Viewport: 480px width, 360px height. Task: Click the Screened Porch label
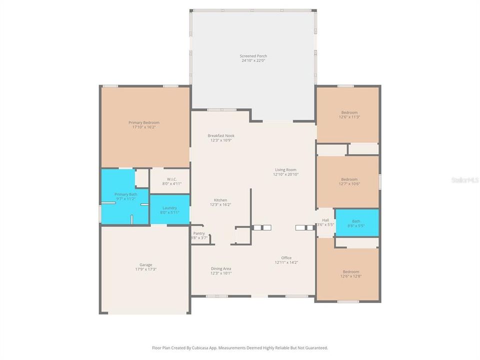tap(253, 56)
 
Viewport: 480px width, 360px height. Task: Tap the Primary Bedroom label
tap(143, 122)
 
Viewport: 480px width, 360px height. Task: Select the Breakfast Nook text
tap(221, 135)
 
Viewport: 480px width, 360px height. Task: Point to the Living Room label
tap(285, 169)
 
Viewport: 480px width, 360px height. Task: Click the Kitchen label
tap(221, 200)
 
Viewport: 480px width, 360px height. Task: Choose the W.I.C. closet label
tap(169, 179)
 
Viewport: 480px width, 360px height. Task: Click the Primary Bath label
tap(125, 194)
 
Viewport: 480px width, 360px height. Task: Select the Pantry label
tap(199, 233)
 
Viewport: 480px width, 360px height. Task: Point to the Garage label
tap(145, 264)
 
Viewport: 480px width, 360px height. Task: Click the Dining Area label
tap(221, 268)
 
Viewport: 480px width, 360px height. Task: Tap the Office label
tap(286, 258)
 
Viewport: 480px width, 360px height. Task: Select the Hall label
tap(325, 220)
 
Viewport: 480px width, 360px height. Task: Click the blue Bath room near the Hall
tap(356, 222)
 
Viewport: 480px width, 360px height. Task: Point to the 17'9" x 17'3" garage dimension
tap(145, 269)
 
